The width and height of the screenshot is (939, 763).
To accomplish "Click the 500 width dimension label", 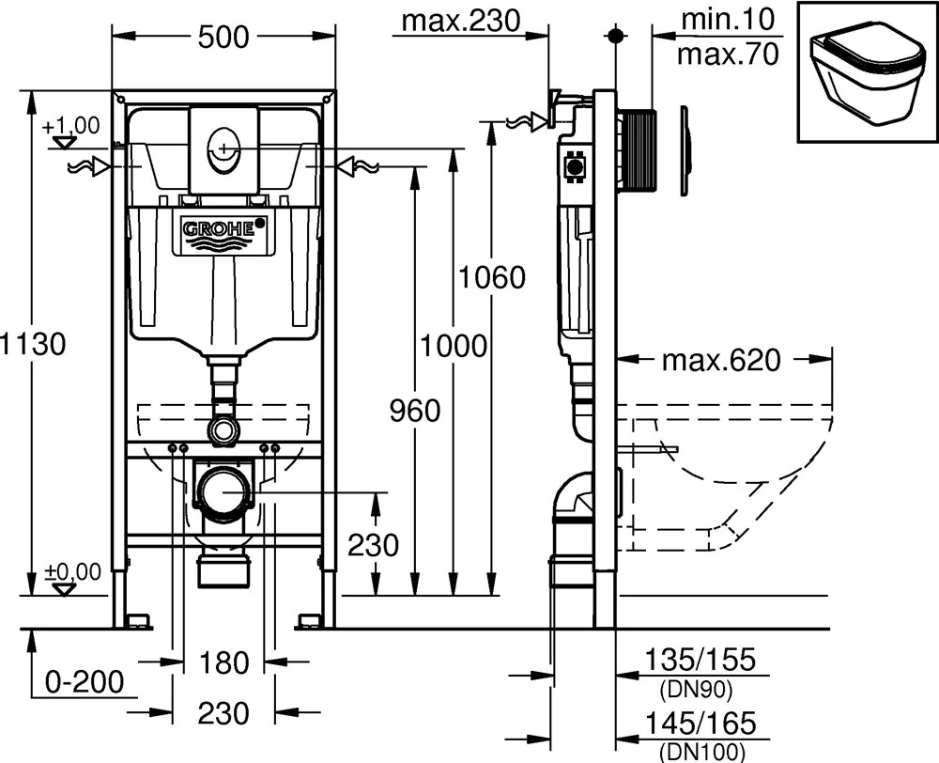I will [x=224, y=37].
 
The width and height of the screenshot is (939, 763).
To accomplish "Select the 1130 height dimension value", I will [x=34, y=344].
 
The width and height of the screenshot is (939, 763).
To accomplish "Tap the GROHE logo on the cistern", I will [x=224, y=229].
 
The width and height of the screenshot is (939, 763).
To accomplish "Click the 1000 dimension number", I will [x=454, y=345].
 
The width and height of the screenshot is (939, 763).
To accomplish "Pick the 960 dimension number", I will [x=414, y=411].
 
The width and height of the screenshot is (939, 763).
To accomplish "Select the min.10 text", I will [x=728, y=18].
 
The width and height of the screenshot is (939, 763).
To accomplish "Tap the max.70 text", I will [x=729, y=54].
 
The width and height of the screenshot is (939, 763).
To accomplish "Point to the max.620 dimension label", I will [x=719, y=360].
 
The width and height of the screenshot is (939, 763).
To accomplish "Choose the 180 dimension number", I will [x=223, y=663].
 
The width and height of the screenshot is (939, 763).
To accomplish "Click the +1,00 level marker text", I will [x=70, y=124].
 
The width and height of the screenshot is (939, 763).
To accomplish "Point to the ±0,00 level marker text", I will [x=69, y=570].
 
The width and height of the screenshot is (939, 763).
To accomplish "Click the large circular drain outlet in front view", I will [x=223, y=491].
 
